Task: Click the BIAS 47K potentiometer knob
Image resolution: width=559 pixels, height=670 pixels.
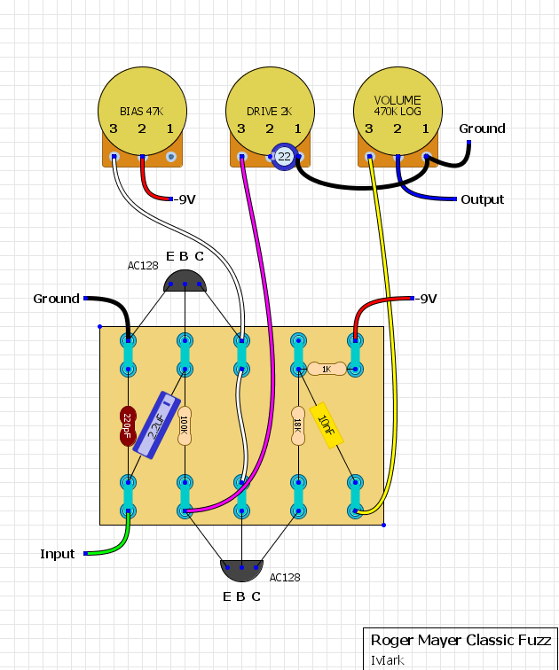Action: coord(143,111)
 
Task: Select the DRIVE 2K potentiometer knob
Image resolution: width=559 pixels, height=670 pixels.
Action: coord(270,111)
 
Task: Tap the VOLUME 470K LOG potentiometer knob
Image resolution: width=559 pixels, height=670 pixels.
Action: coord(398,111)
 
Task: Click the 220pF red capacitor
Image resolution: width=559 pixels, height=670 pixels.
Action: coord(128,426)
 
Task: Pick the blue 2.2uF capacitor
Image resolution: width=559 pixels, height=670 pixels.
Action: coord(156,425)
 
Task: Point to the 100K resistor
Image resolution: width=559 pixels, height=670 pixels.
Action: coord(185,425)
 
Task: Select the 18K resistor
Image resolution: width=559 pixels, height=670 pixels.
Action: coord(298,425)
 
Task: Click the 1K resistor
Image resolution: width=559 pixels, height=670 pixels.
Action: coord(327,369)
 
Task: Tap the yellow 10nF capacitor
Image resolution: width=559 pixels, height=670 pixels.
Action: coord(327,425)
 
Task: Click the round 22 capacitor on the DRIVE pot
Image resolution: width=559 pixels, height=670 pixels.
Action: coord(284,156)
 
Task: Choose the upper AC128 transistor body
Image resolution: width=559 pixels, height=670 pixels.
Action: coord(185,281)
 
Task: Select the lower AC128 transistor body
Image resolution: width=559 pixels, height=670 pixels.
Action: coord(241,571)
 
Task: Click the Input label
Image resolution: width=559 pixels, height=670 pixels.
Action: coord(58,554)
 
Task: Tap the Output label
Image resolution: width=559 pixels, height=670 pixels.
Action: coord(483,199)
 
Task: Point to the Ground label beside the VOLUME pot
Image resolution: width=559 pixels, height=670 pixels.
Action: coord(482,129)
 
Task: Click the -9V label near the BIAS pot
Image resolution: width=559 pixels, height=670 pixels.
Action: coord(185,199)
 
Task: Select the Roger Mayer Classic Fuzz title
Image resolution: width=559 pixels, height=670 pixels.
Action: coord(461,640)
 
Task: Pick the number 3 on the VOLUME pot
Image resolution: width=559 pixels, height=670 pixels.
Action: coord(369,129)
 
